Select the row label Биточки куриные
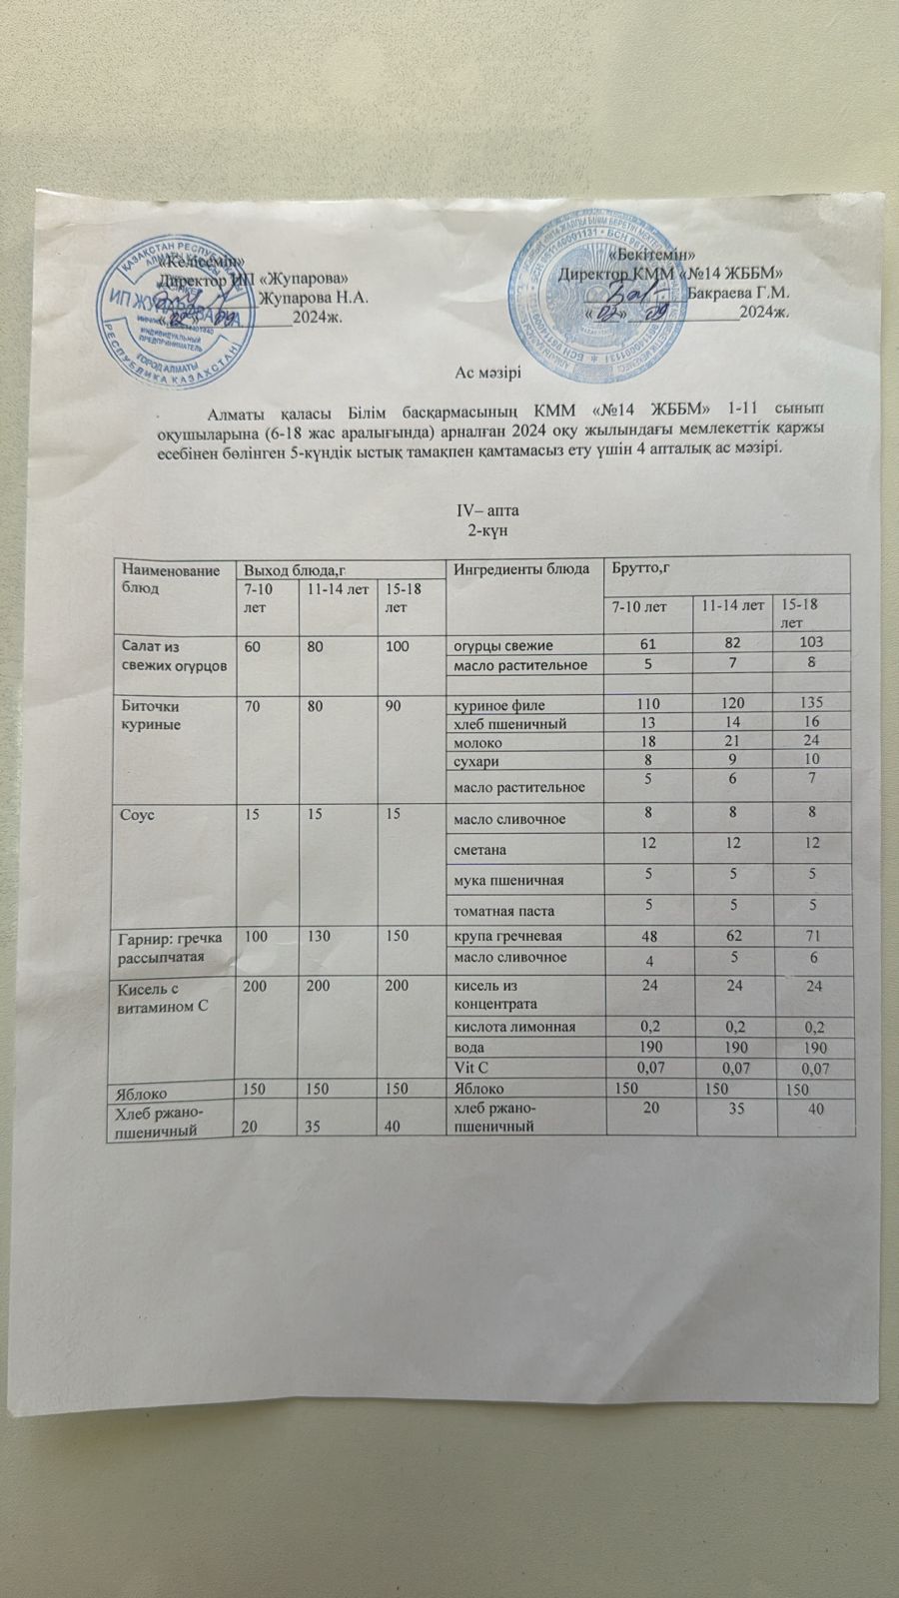(x=152, y=714)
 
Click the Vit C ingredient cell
(x=471, y=1068)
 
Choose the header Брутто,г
(x=639, y=568)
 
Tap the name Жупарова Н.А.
(x=315, y=298)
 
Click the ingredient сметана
(x=480, y=850)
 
